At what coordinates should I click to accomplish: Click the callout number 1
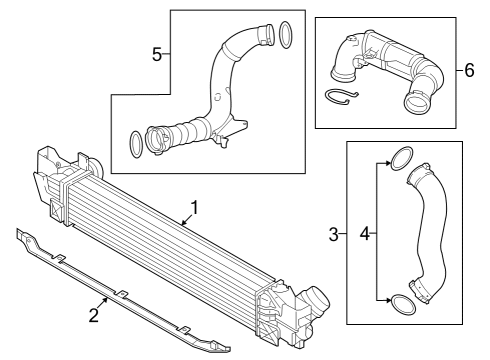point(195,208)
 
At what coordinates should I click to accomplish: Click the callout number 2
point(93,317)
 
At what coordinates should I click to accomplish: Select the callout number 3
point(334,235)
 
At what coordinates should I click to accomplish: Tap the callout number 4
point(365,235)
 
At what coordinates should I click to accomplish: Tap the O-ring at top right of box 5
point(284,34)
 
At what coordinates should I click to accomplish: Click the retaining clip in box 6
point(340,96)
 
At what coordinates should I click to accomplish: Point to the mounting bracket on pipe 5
point(236,128)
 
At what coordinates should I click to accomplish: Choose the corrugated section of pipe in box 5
point(186,129)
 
